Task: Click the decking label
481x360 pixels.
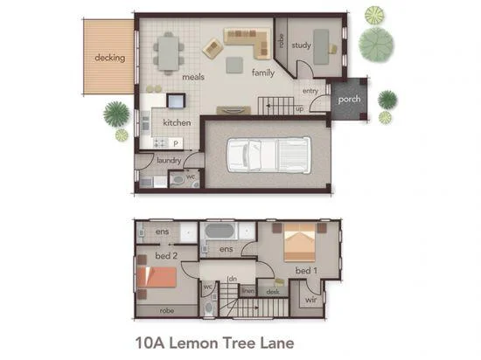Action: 110,59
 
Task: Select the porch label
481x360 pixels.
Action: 350,99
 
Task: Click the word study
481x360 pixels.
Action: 302,45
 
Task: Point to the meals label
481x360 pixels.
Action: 193,77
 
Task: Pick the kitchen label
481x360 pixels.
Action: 177,123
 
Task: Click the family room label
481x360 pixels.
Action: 263,73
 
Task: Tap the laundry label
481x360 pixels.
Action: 169,160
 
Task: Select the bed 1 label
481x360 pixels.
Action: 305,272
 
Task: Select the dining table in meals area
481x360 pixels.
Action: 168,52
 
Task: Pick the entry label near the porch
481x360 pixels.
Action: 310,91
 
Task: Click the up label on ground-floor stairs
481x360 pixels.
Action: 300,109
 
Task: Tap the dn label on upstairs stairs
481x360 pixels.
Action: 233,279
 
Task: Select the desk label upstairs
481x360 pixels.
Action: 274,292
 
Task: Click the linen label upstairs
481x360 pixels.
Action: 247,291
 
